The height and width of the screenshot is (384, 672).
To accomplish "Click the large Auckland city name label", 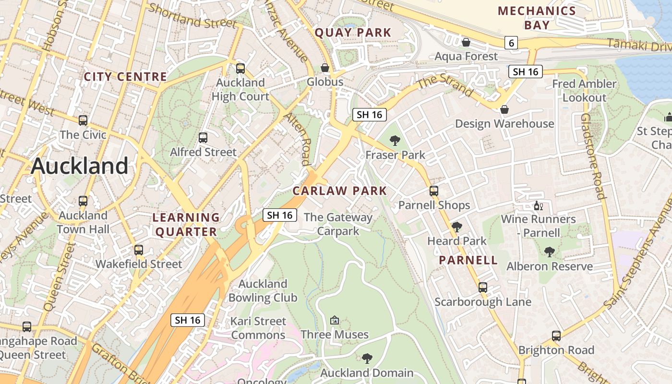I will click(80, 166).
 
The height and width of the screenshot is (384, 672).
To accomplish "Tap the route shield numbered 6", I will click(511, 43).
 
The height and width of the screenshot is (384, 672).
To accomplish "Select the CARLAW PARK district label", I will click(339, 191).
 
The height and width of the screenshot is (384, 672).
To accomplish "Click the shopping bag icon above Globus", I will click(325, 68).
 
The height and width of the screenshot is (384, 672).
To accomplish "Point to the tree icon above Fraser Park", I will click(395, 141).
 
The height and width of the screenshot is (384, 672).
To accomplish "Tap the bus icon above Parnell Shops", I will click(434, 191).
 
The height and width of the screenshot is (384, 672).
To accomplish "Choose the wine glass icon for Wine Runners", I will click(538, 206).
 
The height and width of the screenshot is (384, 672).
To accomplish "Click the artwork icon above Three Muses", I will click(335, 320).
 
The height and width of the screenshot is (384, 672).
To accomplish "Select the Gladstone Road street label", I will click(592, 156).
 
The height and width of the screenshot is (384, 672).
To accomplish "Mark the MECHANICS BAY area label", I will click(537, 18).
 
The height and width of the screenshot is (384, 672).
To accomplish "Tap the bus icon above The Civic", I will click(83, 120).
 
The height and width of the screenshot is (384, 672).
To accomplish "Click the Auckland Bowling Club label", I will click(263, 291).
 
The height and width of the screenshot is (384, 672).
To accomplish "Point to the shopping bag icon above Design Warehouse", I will click(504, 110).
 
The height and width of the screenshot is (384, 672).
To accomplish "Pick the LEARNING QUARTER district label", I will click(186, 225).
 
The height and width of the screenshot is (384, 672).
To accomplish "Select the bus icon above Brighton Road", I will click(556, 336).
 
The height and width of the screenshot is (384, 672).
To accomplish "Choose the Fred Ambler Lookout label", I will click(584, 91).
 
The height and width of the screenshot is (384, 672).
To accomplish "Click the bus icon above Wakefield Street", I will click(139, 250).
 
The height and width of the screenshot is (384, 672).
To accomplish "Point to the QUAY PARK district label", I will click(353, 33).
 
